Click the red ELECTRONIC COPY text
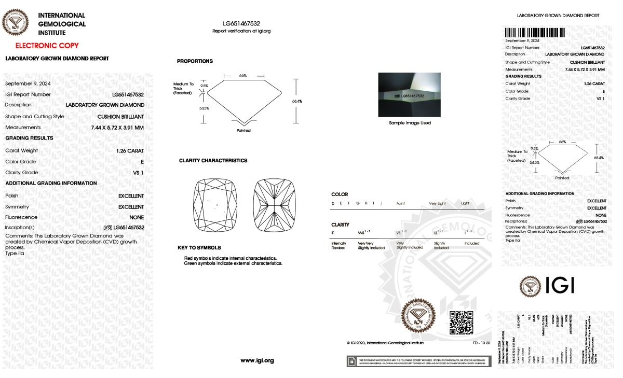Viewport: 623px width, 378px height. (x=47, y=46)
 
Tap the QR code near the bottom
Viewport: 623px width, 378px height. (x=461, y=323)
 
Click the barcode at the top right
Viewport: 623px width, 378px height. (x=534, y=32)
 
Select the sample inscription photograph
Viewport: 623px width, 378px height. (x=409, y=95)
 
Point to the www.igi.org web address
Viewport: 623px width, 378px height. (x=257, y=360)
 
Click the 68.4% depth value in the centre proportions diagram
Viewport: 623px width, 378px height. (x=297, y=101)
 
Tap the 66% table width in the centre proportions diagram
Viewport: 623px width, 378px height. (x=243, y=76)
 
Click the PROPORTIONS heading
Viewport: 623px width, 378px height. (x=195, y=61)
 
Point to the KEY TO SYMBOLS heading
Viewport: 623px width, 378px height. (x=199, y=248)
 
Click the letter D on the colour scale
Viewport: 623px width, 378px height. (x=333, y=204)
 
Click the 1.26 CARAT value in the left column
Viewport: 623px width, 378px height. (x=130, y=150)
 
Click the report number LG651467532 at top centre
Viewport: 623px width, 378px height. (x=241, y=24)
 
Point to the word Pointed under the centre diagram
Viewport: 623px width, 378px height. (x=243, y=131)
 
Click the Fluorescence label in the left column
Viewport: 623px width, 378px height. (x=21, y=217)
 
